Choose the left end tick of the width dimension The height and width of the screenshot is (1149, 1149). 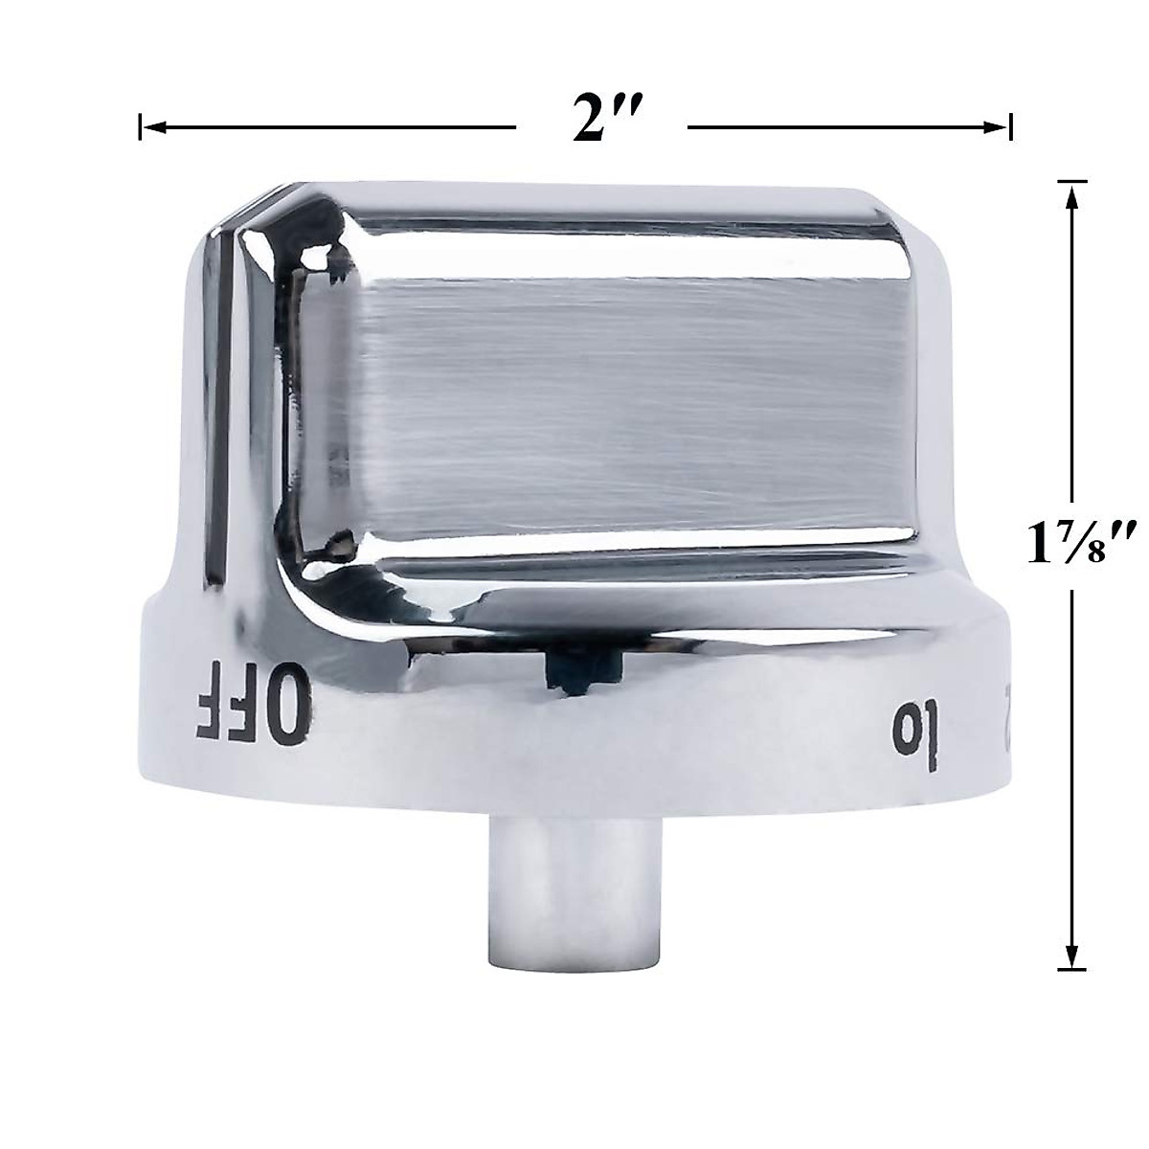coord(141,125)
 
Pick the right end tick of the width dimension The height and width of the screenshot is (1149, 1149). coord(1011,125)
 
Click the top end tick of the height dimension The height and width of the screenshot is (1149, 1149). coord(1070,181)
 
